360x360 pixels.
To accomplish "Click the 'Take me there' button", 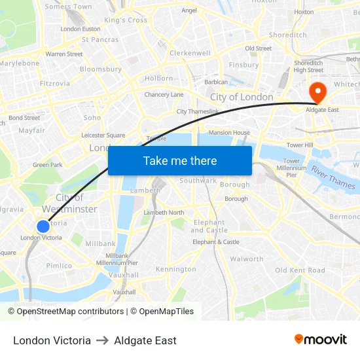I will [180, 161].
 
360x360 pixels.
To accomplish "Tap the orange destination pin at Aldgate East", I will [318, 91].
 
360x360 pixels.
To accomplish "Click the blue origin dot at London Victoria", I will [43, 226].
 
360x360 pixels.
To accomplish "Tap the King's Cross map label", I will [126, 20].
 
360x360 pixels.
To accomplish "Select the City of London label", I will [242, 97].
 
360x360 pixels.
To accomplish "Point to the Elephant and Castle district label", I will [209, 226].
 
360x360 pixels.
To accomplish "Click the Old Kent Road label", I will [300, 270].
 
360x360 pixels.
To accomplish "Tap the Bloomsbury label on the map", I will [101, 69].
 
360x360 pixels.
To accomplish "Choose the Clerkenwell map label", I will [190, 53].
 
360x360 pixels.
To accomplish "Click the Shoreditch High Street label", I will [308, 66].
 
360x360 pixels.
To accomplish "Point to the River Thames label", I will [333, 177].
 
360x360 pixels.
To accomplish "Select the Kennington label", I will [175, 269].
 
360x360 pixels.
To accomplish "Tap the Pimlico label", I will [59, 266].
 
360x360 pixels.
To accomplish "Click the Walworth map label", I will [247, 259].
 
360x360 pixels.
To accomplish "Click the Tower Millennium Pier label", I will [291, 168].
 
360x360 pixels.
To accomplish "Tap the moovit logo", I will [320, 340].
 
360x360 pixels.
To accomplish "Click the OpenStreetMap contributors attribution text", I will [65, 312].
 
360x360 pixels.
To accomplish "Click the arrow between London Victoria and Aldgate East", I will [102, 340].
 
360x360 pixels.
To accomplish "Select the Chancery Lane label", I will [164, 95].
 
